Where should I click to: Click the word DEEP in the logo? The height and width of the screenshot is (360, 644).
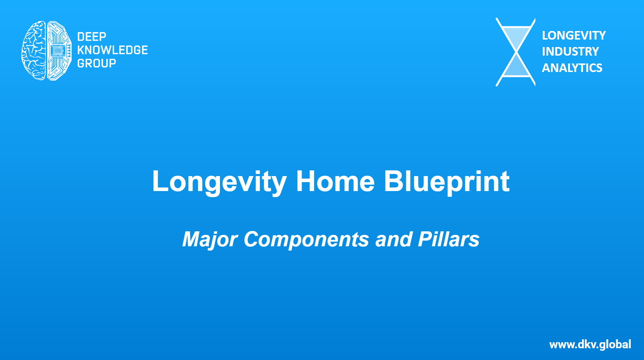(92, 37)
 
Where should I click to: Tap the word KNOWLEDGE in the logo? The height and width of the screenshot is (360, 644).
(112, 50)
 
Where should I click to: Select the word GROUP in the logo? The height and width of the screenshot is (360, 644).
(97, 63)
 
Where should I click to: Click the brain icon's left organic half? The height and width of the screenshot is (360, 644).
(34, 50)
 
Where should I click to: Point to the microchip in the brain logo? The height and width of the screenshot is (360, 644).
(57, 51)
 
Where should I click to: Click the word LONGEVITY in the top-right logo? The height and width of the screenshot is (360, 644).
(574, 36)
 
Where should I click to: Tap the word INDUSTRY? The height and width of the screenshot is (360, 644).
(570, 52)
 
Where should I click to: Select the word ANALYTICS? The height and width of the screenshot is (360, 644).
(572, 68)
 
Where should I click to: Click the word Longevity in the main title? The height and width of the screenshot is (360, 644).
(219, 182)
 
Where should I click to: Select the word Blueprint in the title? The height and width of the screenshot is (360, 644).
(447, 182)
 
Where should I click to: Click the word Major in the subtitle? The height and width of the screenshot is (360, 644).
(210, 239)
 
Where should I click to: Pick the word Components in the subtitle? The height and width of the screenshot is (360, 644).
(306, 239)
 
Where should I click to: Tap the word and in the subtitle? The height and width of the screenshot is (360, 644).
(394, 239)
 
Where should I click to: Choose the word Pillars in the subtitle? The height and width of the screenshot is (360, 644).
(449, 239)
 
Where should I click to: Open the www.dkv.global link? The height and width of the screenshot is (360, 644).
(590, 344)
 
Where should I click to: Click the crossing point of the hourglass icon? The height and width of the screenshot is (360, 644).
(516, 52)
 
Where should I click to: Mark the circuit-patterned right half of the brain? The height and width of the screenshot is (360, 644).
(60, 50)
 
